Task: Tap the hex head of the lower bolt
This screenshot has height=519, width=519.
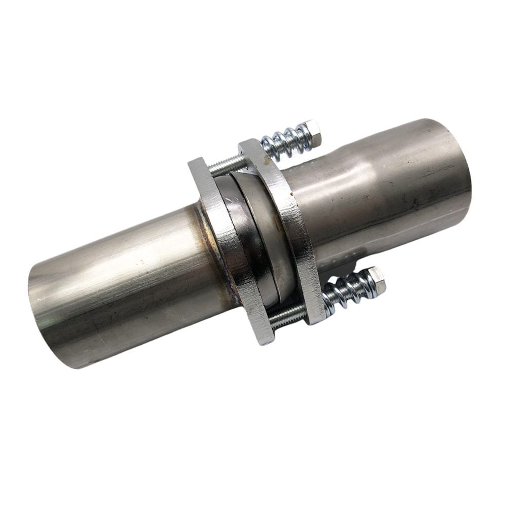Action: pyautogui.click(x=376, y=280)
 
